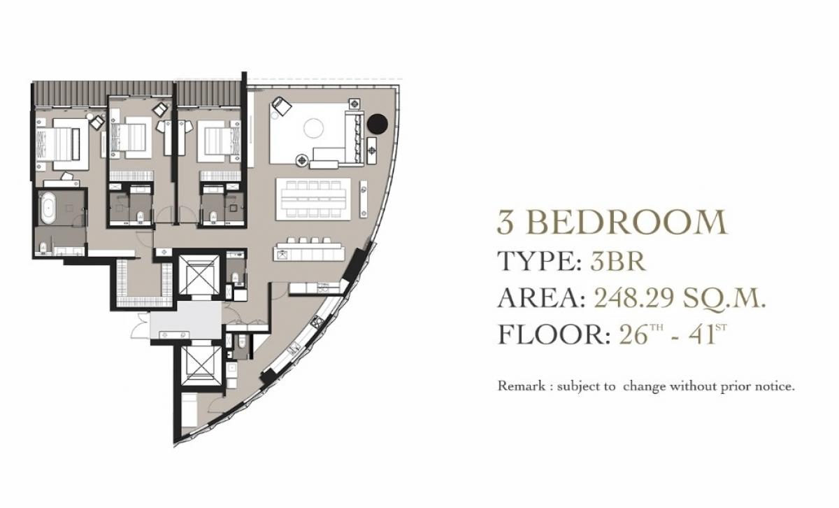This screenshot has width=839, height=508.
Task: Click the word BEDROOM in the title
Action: [626, 223]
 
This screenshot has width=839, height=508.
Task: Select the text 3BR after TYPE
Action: [617, 261]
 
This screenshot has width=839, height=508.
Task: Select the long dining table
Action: [311, 198]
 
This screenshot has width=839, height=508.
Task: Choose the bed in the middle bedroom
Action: [131, 137]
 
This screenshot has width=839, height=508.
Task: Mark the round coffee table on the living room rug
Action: [314, 128]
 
